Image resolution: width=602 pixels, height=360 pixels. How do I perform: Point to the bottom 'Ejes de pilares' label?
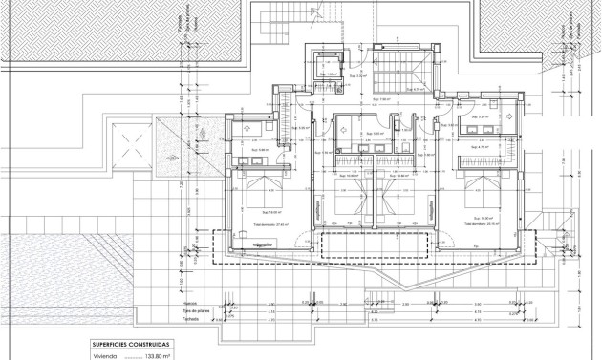tap(196, 311)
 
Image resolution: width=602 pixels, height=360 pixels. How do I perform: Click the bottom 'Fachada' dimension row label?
tap(190, 319)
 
